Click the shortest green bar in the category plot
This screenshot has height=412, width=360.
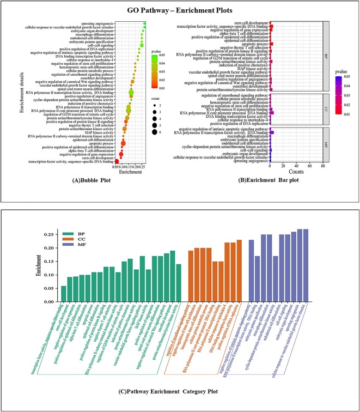(x=64, y=293)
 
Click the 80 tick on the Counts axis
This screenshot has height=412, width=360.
(x=323, y=166)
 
